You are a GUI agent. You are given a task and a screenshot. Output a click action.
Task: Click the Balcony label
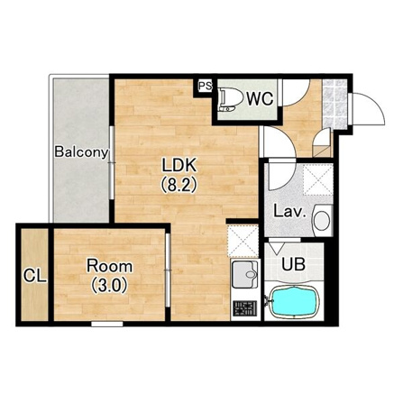click(x=81, y=152)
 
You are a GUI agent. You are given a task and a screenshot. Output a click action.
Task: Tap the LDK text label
click(x=179, y=165)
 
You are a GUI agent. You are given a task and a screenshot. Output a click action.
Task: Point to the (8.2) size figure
click(x=179, y=184)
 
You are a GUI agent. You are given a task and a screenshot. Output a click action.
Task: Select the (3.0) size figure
click(x=109, y=285)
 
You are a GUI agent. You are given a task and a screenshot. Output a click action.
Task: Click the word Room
click(x=109, y=266)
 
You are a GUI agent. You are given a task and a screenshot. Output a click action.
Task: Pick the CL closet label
click(x=35, y=276)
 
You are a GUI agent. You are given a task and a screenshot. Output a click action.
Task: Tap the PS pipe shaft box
click(x=206, y=87)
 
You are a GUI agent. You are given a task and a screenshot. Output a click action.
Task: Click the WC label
click(x=261, y=98)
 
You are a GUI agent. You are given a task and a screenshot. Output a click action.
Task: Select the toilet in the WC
click(x=231, y=98)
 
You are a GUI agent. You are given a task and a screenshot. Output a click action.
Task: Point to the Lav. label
click(x=289, y=212)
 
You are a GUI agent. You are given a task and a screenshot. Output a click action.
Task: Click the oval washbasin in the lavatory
click(x=322, y=220)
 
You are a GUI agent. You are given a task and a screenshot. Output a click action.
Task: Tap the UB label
click(x=293, y=264)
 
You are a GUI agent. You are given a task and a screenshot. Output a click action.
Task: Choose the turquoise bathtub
click(x=294, y=302)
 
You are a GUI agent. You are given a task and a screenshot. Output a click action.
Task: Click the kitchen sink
click(x=244, y=271)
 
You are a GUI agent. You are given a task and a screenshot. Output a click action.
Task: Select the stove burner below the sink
click(x=245, y=308)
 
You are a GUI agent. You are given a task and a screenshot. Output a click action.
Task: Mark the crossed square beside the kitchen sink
click(x=243, y=241)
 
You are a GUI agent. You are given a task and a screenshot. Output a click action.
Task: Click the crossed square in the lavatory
click(x=318, y=180)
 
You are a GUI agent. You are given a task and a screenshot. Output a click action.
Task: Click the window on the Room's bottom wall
click(x=107, y=324)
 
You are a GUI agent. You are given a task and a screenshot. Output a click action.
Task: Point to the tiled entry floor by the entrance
click(x=334, y=104)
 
